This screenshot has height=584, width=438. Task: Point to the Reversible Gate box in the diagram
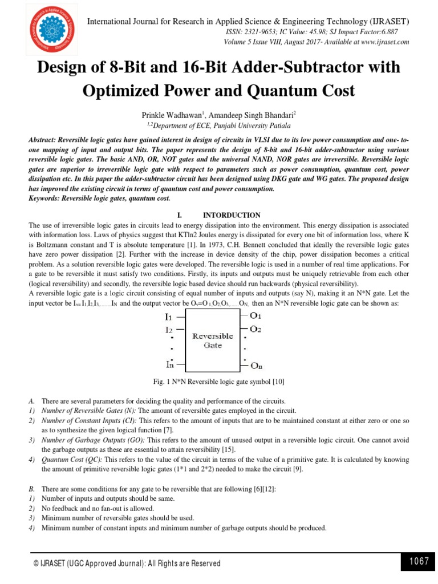pyautogui.click(x=212, y=340)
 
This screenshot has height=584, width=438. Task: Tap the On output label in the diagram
pyautogui.click(x=257, y=366)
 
